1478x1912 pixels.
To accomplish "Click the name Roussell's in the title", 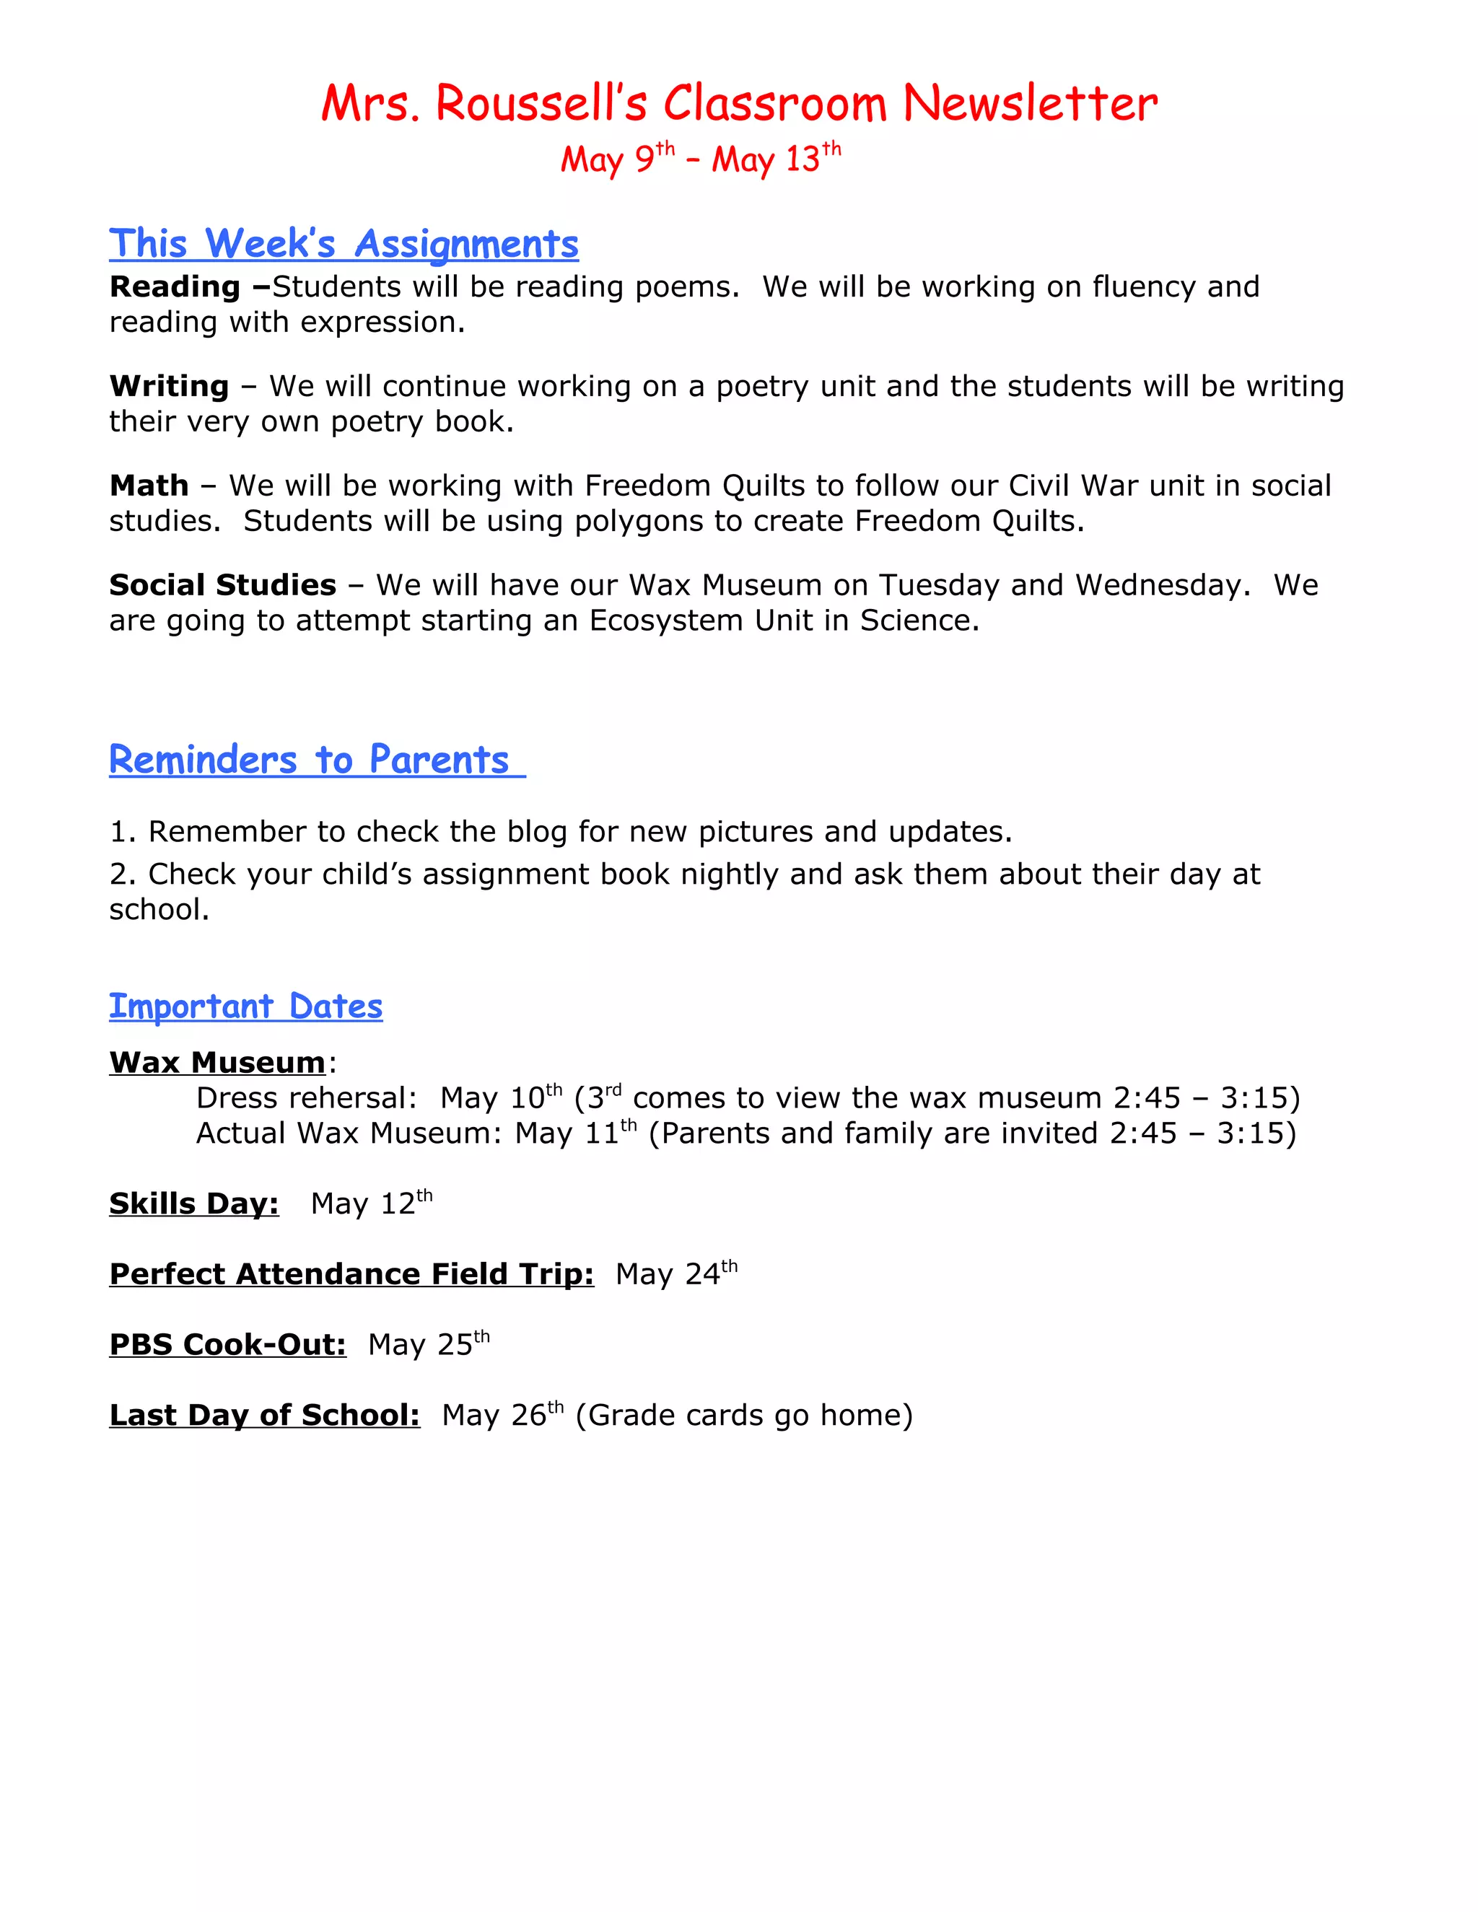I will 541,103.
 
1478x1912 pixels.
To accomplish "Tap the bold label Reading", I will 174,286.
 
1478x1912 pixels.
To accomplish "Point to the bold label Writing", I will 169,386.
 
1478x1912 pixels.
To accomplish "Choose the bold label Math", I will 149,485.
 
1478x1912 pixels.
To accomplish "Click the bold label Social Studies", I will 222,585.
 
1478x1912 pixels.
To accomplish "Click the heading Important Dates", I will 245,1007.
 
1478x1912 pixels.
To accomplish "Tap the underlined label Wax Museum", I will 217,1062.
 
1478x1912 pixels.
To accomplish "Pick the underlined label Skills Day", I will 193,1203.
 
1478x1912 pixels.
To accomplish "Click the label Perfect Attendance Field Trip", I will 351,1273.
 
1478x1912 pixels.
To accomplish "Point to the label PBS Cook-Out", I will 227,1344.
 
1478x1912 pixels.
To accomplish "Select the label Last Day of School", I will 264,1415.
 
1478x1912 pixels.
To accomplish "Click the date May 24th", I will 676,1273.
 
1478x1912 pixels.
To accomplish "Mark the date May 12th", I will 371,1203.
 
